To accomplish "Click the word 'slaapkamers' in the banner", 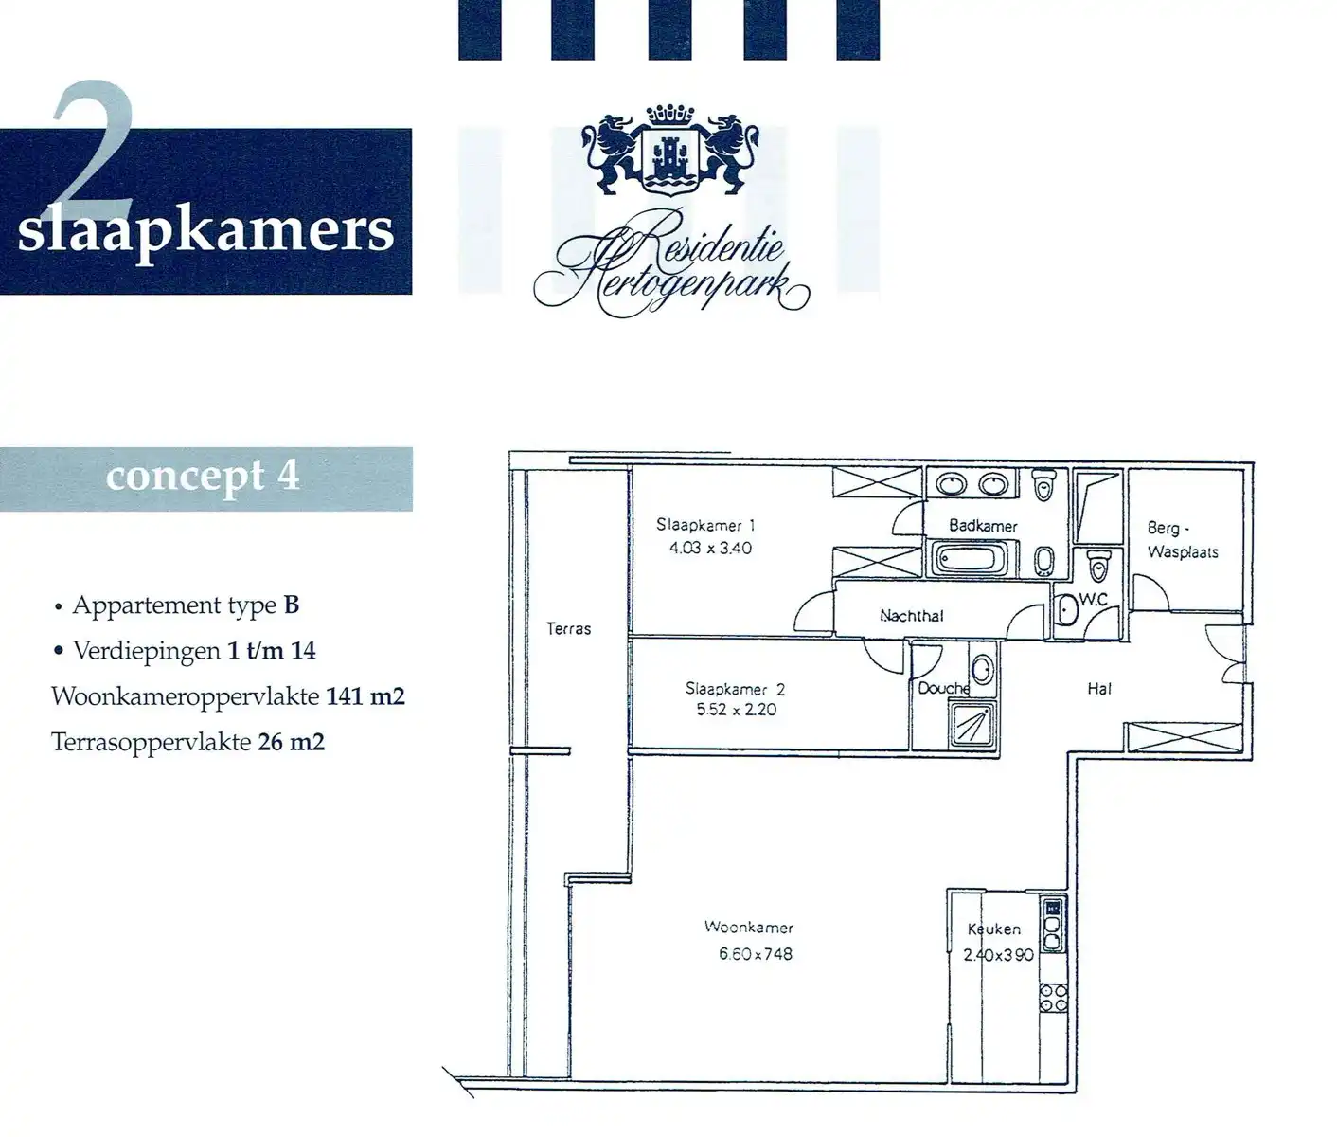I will [205, 230].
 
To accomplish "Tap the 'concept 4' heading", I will [203, 476].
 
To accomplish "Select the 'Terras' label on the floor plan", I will [568, 628].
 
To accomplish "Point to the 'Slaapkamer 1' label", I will [705, 525].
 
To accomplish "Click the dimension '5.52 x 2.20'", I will [736, 710].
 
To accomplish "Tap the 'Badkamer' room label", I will [983, 526].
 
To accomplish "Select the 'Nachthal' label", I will [911, 616].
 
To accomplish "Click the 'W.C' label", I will [1094, 600].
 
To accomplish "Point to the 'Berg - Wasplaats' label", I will [1182, 540].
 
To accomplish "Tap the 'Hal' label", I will [1099, 689].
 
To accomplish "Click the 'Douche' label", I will [943, 689].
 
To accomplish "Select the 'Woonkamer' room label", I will [749, 928].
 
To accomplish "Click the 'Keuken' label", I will [993, 929].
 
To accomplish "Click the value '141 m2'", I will [365, 696].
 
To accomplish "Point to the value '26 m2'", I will [291, 741].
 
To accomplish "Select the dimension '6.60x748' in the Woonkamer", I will [755, 954].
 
